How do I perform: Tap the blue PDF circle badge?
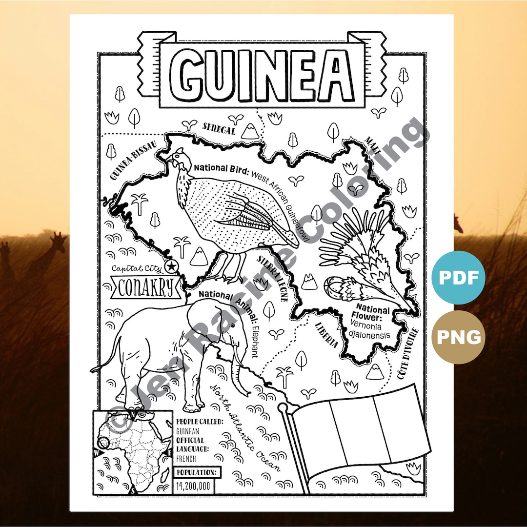click(x=458, y=277)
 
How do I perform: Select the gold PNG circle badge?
click(x=458, y=337)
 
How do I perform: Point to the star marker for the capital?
click(x=171, y=266)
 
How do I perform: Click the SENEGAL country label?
click(x=219, y=129)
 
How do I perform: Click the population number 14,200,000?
click(x=194, y=486)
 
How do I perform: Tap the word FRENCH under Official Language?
click(x=186, y=459)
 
